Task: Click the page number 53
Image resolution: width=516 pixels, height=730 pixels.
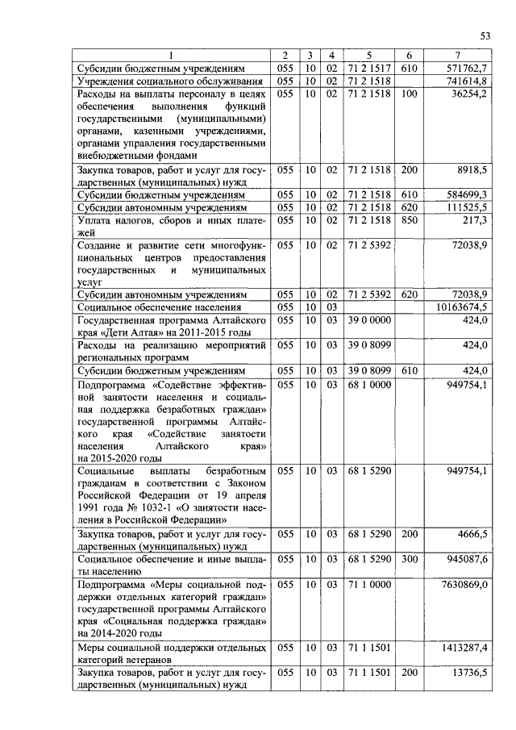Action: point(485,35)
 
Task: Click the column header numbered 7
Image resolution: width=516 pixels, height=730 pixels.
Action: point(458,56)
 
